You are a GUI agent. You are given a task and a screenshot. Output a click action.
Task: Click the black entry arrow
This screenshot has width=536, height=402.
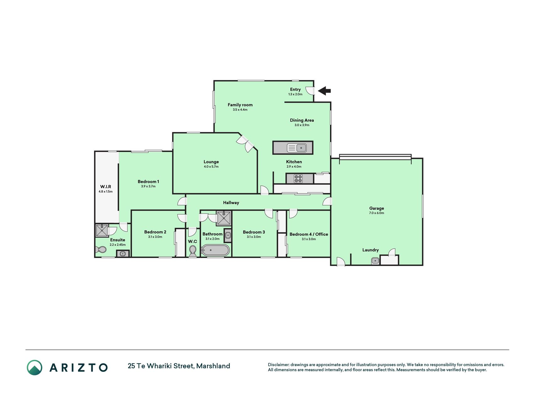[x=324, y=91]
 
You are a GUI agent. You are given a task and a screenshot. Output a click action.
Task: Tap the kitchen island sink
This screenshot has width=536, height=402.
[x=297, y=148]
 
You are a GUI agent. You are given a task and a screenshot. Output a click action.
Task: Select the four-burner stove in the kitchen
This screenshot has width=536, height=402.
[x=298, y=178]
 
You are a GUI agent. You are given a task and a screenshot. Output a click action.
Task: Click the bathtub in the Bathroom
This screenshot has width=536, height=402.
[x=215, y=251]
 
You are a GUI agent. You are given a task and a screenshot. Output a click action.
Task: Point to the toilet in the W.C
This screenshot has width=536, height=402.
[x=193, y=251]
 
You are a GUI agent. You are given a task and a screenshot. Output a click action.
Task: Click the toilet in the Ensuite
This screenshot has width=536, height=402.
[x=100, y=250]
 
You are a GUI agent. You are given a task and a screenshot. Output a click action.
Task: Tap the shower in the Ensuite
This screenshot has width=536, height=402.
[x=102, y=231]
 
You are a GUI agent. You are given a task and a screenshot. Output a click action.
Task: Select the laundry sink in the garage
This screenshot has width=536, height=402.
[x=375, y=260]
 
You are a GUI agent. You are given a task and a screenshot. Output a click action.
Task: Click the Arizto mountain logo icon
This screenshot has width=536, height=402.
[x=35, y=367]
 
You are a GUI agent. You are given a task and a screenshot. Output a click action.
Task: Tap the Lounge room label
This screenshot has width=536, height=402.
[x=211, y=162]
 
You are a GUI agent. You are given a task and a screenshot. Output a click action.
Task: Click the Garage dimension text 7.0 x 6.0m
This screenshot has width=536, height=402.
[x=376, y=213]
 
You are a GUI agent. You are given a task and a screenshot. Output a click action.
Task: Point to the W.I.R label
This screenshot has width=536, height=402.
[x=106, y=187]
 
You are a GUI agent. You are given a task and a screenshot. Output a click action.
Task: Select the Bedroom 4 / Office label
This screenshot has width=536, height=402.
[x=309, y=234]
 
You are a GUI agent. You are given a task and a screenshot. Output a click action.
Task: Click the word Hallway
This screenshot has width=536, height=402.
[x=231, y=203]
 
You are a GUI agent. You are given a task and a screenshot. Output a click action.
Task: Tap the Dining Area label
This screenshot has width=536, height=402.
[x=302, y=120]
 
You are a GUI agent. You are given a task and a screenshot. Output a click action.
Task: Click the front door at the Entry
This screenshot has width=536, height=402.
[x=311, y=91]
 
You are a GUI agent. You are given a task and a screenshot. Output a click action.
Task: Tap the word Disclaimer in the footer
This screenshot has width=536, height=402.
[x=278, y=365]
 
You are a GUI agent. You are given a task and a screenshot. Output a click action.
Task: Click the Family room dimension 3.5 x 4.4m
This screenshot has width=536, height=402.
[x=240, y=110]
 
